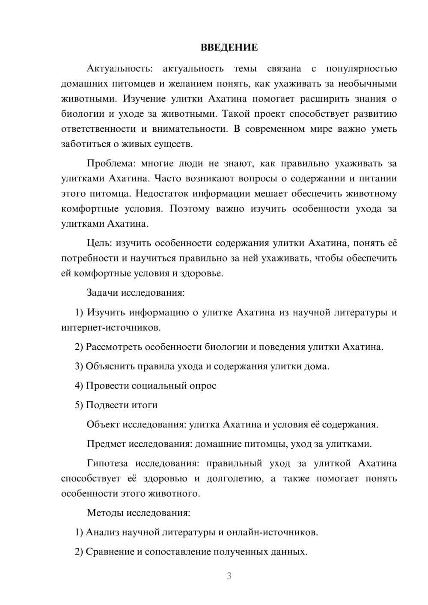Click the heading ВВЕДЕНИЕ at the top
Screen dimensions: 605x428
click(x=229, y=47)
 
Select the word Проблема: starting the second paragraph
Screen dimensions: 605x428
click(x=111, y=163)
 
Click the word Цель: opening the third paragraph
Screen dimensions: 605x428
click(x=99, y=243)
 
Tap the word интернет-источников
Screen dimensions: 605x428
click(x=111, y=328)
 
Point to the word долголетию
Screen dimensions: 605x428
click(x=235, y=478)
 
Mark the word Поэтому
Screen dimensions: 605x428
click(x=190, y=209)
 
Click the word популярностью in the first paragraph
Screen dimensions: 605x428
click(x=361, y=68)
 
